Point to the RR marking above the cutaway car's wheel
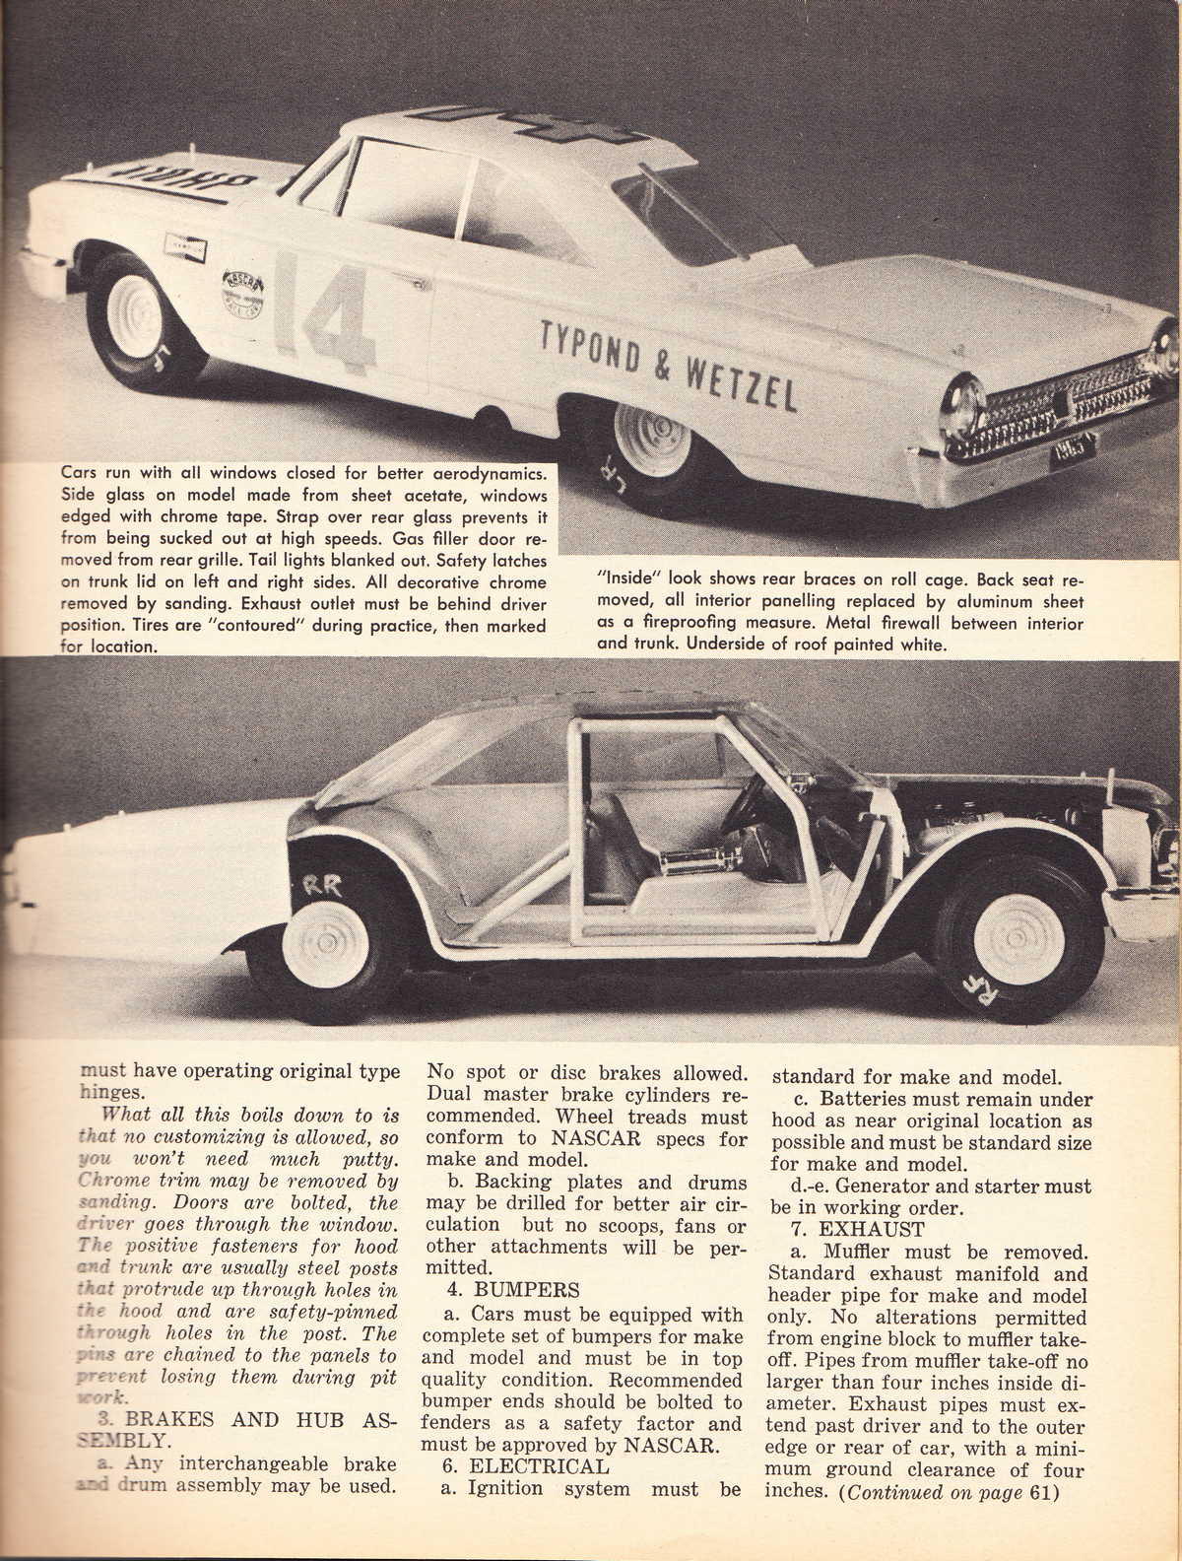point(321,883)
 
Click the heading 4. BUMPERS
point(502,1289)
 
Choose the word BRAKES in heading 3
point(169,1421)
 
